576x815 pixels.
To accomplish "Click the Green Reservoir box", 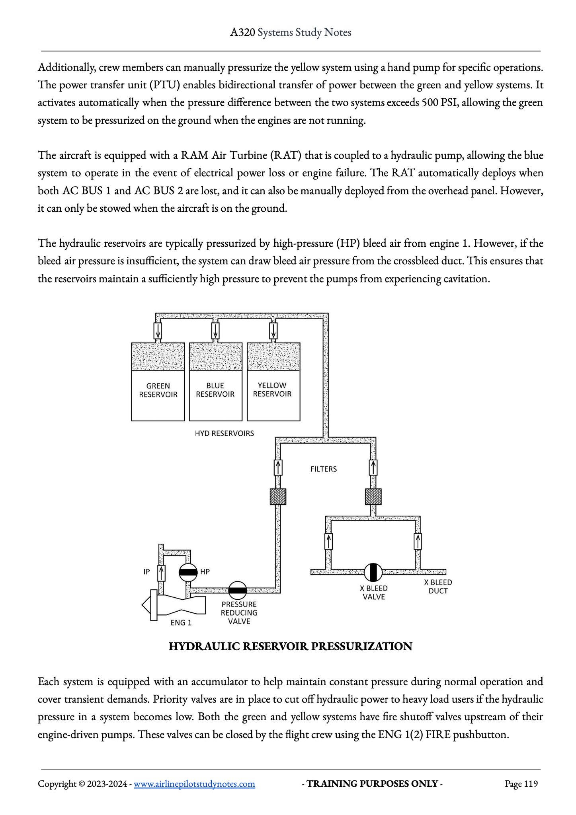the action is click(x=158, y=382).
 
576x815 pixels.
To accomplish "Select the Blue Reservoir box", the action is click(x=216, y=382).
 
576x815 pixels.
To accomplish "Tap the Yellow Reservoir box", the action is click(x=273, y=382).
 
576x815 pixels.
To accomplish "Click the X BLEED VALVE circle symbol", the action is click(x=373, y=572).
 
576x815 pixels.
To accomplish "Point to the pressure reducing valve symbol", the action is click(x=238, y=590).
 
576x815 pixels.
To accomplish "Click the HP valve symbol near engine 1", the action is click(x=188, y=572).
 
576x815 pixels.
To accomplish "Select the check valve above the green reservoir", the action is click(x=158, y=330).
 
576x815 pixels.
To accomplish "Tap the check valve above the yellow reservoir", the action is click(x=273, y=330).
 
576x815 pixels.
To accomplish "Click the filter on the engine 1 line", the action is click(x=278, y=497).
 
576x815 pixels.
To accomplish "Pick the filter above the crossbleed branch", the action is click(x=373, y=497).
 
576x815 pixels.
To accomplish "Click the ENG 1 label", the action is click(x=181, y=623).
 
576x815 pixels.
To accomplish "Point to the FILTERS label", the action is click(x=324, y=469).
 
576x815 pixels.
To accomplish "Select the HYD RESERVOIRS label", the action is click(x=225, y=433).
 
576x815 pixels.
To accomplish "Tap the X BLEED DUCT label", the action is click(x=438, y=587).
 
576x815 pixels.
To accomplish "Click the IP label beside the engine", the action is click(x=146, y=572).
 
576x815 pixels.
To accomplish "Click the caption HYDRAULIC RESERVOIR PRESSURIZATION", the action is click(x=291, y=646).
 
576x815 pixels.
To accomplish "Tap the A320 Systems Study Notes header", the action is click(x=291, y=32).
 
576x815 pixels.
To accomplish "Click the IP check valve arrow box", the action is click(x=161, y=573).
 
